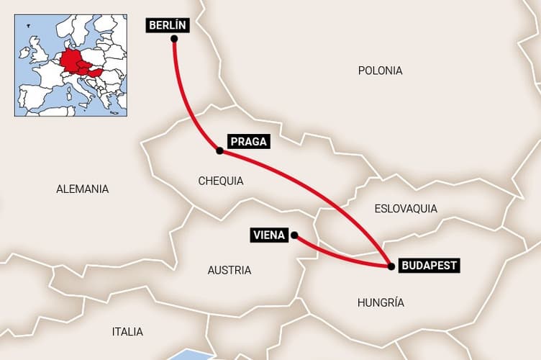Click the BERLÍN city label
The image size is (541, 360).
coord(168,25)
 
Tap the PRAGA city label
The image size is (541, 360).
coord(248,142)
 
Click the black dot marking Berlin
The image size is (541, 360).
coord(174,39)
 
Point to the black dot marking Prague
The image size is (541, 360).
coord(219,150)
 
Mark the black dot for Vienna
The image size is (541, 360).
coord(294,235)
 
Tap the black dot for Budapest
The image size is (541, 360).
coord(391,266)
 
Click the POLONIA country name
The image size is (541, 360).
coord(380,71)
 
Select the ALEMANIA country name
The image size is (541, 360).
coord(83,189)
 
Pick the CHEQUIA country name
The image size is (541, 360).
coord(221,181)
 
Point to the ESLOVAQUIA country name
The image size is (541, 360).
coord(406,209)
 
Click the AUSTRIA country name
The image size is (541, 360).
coord(229,271)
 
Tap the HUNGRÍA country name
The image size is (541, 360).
coord(381,303)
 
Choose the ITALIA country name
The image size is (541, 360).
coord(127,332)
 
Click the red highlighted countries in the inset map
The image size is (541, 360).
coord(76,63)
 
